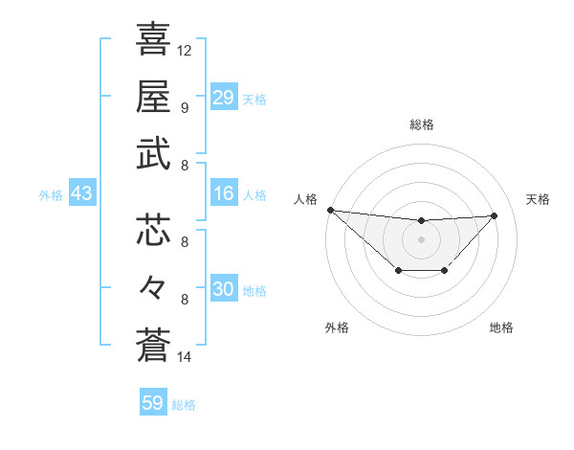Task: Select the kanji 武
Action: coord(154,154)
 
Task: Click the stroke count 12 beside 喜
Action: coord(185,50)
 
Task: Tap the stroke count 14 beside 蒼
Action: coord(185,357)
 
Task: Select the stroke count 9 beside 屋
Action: coord(184,107)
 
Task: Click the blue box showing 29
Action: coord(223,97)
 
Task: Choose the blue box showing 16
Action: coord(223,193)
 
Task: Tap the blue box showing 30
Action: coord(223,289)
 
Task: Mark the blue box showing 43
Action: coord(81,193)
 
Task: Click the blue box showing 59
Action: coord(153,403)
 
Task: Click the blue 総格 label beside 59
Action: coord(184,405)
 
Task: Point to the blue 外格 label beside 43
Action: coord(51,195)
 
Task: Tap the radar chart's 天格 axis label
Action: coord(538,199)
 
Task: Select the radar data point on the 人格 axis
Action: coord(330,210)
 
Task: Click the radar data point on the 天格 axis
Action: coord(494,215)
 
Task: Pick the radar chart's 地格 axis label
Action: coord(501,327)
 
